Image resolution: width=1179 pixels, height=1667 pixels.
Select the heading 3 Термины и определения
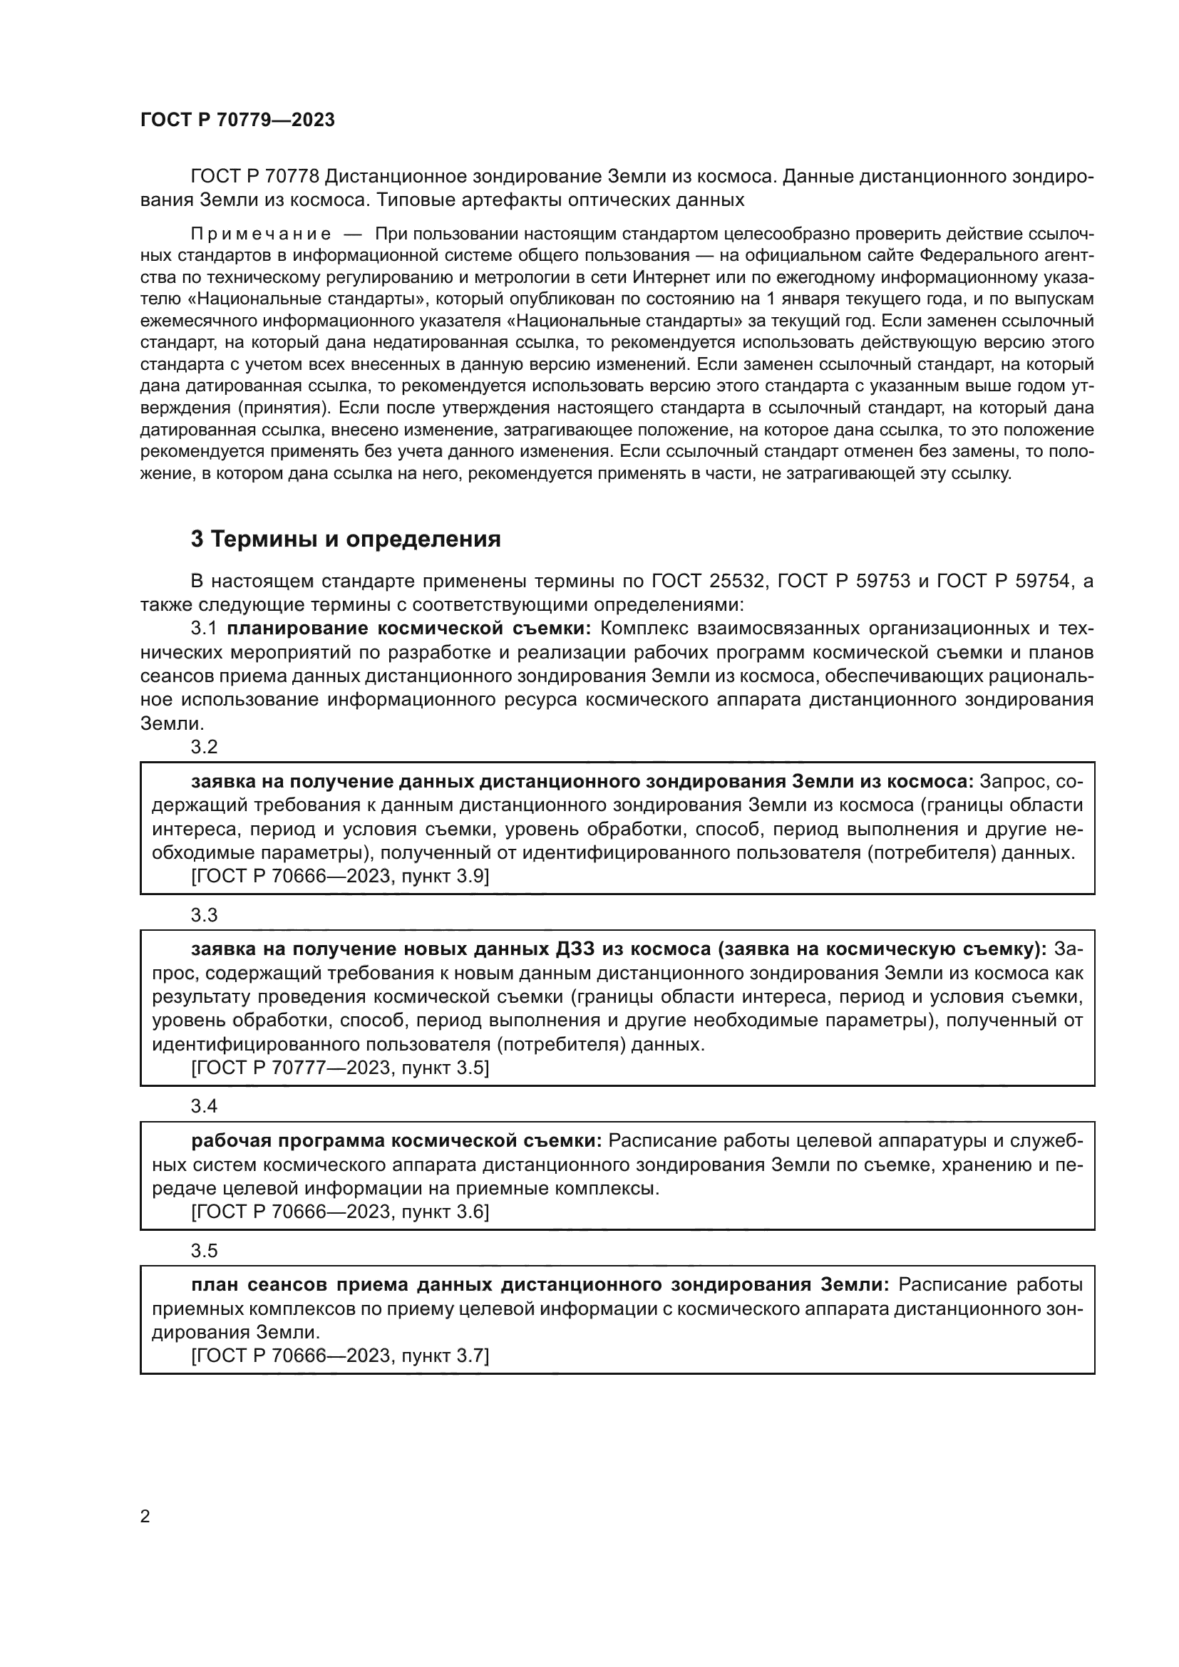(346, 539)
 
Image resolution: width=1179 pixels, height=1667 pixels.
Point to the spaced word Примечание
(261, 234)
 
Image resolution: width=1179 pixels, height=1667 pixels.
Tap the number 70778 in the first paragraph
(292, 177)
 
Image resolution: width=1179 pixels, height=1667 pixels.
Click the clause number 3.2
(204, 747)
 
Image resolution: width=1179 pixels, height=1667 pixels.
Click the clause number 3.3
(204, 915)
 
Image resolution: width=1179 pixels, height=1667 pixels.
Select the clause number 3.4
(204, 1107)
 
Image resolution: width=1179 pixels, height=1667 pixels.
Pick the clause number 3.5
(204, 1251)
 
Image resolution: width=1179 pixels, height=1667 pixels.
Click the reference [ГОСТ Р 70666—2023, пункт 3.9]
(340, 877)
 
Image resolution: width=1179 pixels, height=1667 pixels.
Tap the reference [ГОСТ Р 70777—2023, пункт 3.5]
(340, 1068)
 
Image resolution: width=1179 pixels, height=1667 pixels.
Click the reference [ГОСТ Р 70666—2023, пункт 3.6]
(340, 1212)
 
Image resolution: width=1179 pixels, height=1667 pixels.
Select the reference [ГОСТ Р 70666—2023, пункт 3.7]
(340, 1356)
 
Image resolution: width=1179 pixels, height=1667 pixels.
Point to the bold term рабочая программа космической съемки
(396, 1140)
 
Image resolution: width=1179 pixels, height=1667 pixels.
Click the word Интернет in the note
(666, 277)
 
